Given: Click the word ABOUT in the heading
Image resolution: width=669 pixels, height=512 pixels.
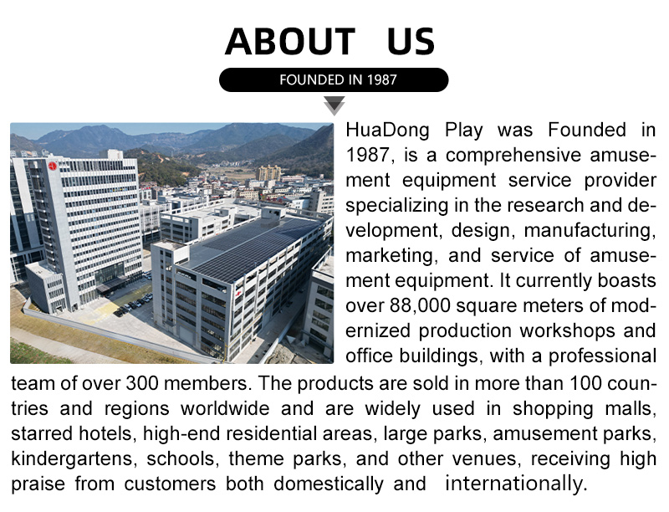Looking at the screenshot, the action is [290, 41].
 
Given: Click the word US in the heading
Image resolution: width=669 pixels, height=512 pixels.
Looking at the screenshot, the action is [411, 41].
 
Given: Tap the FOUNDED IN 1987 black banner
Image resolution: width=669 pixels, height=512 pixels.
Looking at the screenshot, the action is [334, 79].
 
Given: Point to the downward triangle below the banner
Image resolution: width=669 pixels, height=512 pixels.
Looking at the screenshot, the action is [334, 105].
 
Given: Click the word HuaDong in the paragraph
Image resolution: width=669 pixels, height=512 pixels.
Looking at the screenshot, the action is [387, 131].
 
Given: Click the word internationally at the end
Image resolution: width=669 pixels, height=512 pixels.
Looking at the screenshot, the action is [517, 484].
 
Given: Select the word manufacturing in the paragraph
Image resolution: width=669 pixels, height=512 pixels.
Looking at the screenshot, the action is [590, 231].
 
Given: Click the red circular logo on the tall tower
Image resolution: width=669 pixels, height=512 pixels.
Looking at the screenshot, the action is [53, 166].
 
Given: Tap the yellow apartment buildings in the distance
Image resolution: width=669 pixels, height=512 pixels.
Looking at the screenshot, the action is [268, 173].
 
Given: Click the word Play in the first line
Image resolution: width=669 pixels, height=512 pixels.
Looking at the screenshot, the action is [464, 131].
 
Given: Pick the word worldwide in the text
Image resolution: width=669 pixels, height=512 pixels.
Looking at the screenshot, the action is [225, 408].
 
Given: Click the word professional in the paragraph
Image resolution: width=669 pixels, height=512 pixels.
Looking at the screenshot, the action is [602, 356].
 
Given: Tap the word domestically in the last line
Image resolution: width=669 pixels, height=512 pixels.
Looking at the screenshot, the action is [329, 484].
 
